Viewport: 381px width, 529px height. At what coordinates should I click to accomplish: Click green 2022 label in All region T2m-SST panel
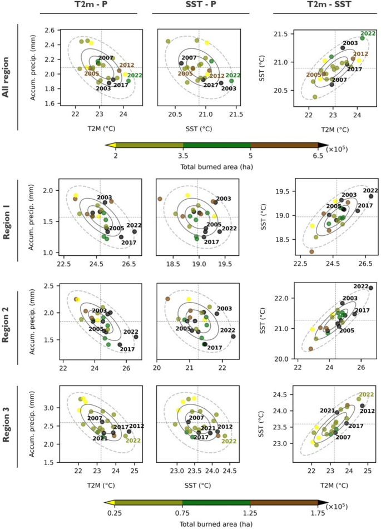368,34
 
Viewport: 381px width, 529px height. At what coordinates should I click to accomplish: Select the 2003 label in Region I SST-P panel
223,199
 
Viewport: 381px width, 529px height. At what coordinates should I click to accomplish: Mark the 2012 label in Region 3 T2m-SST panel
368,411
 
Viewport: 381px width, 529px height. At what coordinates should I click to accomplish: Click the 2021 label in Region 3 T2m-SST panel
327,411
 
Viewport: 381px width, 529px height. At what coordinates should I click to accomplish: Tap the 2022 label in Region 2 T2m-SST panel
361,286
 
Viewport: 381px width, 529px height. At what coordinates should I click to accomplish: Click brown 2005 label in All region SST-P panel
185,73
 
